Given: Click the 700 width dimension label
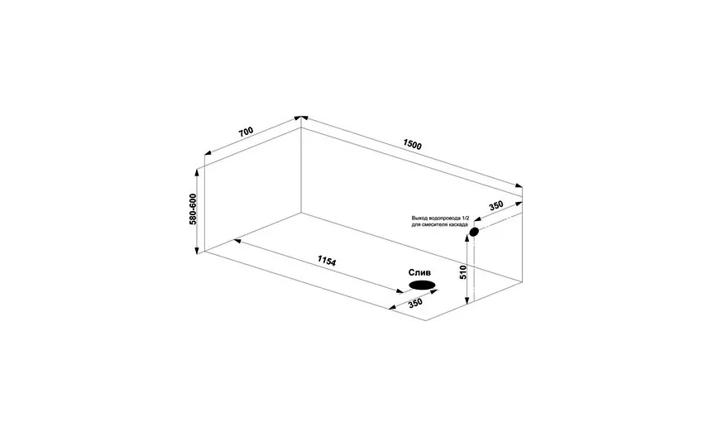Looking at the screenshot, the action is click(x=246, y=132).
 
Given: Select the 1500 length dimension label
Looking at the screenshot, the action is click(x=413, y=144).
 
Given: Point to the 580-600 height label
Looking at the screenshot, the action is click(x=193, y=209).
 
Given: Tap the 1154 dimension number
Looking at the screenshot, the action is click(x=327, y=261).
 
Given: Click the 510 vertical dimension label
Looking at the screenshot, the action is click(x=463, y=271).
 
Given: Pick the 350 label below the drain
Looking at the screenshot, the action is click(x=415, y=303).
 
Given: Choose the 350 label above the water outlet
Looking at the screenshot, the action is click(x=496, y=206).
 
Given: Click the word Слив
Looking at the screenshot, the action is click(x=419, y=272).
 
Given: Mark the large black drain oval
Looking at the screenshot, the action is click(x=423, y=286).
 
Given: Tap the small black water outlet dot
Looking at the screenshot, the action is click(x=474, y=232).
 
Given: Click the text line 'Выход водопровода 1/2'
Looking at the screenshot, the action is click(x=440, y=218).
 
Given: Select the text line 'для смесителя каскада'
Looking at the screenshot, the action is click(x=440, y=225).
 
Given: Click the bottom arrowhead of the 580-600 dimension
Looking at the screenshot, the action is click(x=197, y=250).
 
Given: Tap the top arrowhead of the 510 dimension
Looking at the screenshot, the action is click(x=467, y=238).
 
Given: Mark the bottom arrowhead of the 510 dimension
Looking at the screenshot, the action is click(x=467, y=301).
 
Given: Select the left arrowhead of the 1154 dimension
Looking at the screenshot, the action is click(x=237, y=241).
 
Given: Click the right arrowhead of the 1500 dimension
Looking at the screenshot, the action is click(x=519, y=185).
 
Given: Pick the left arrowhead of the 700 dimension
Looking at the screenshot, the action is click(x=208, y=153).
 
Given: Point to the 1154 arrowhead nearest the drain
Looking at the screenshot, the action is click(x=400, y=291).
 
